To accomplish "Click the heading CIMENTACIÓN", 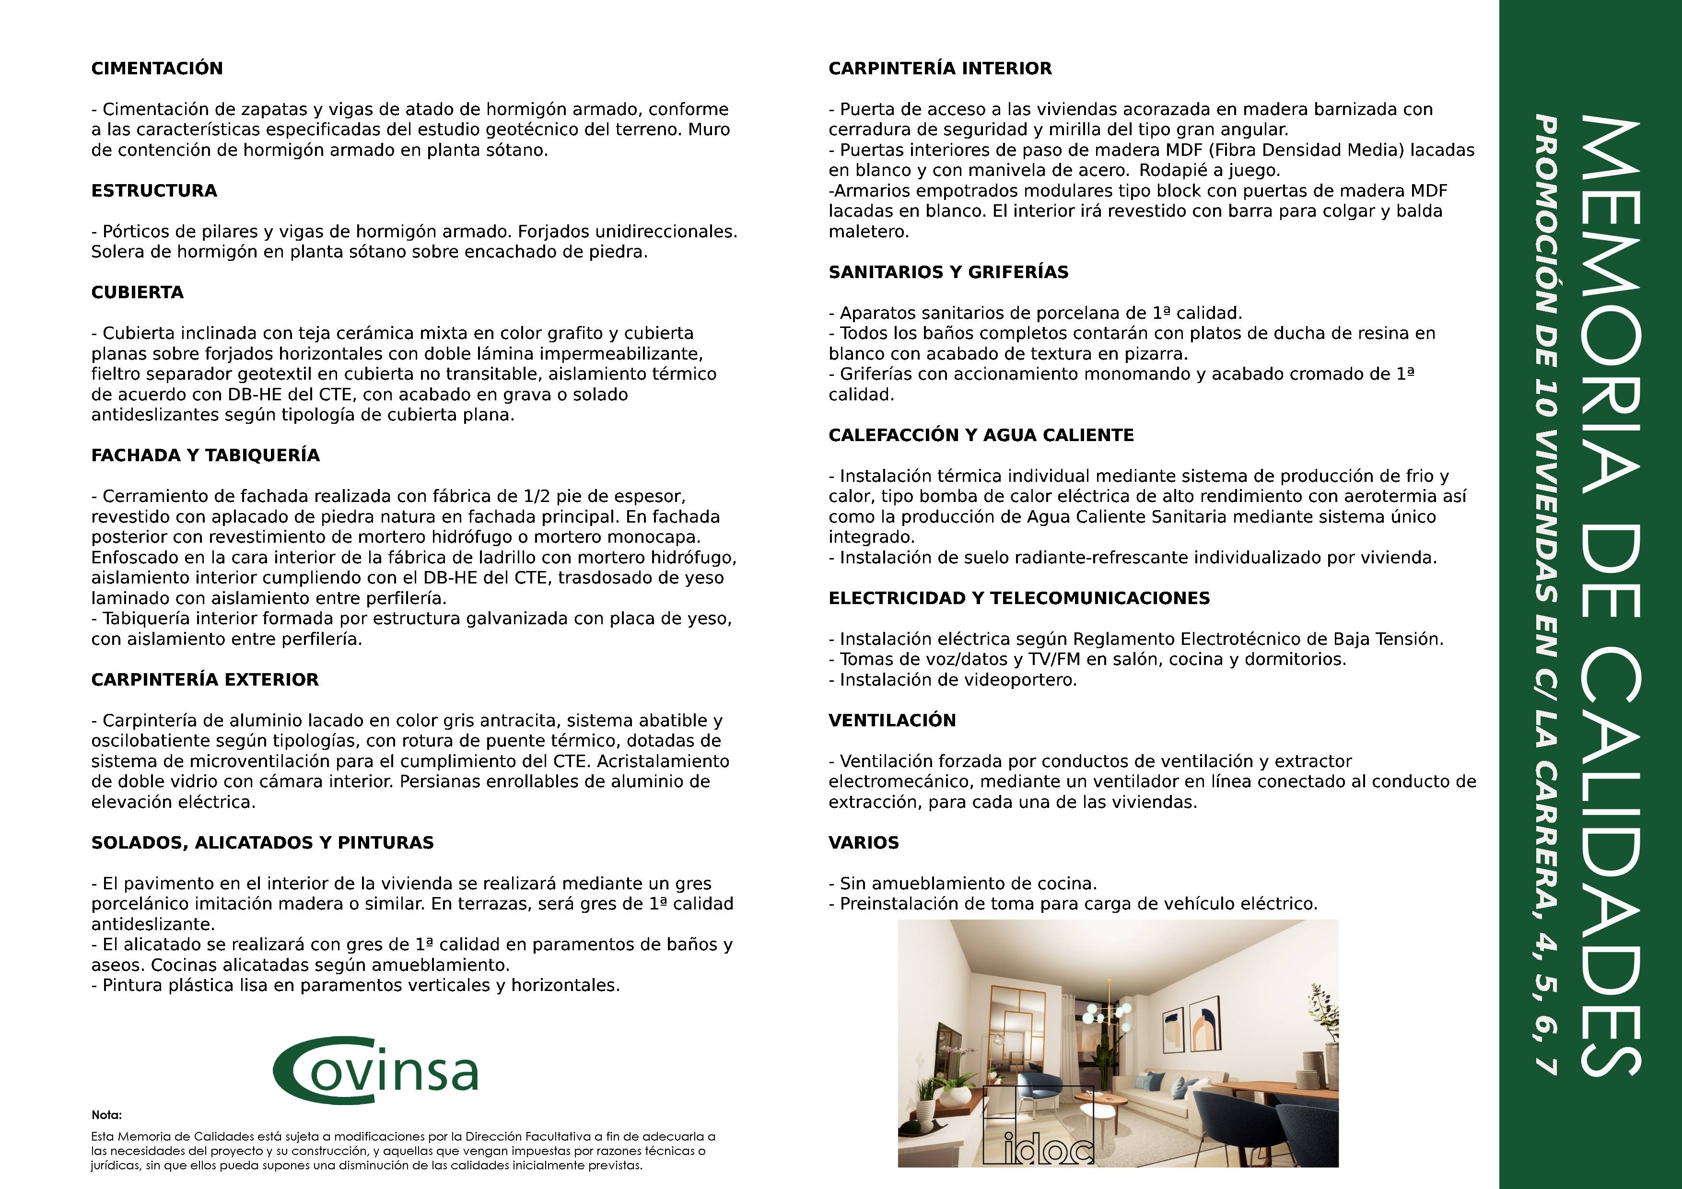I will click(x=157, y=68).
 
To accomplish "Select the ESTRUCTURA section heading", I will click(x=154, y=190).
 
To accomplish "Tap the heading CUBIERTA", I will click(x=137, y=292).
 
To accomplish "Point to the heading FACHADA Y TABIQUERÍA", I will click(x=205, y=455).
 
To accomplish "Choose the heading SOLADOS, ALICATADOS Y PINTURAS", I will click(x=262, y=842).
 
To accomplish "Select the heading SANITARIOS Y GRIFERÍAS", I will click(x=948, y=272).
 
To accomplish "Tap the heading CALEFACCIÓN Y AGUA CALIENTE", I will click(x=981, y=435).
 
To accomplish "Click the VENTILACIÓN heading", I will click(x=891, y=720).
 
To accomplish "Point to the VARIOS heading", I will click(x=863, y=842).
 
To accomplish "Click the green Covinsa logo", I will click(x=375, y=1073).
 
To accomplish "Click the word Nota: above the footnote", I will click(x=106, y=1115).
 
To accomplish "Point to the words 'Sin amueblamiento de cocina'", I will click(x=968, y=884).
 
